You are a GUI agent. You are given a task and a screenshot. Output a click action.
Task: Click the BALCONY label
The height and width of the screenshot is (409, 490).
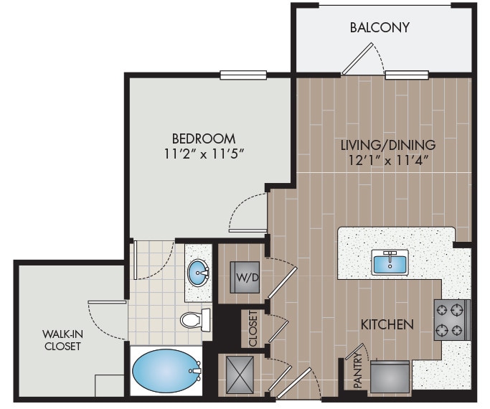tap(380, 28)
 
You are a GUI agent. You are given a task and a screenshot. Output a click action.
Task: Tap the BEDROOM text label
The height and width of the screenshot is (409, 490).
tap(204, 138)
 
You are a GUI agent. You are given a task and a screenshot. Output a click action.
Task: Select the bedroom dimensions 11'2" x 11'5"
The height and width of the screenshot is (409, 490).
tap(204, 153)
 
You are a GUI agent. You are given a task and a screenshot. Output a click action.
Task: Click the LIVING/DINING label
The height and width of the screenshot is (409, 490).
tap(388, 144)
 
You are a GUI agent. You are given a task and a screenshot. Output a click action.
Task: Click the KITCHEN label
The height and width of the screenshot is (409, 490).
tap(387, 324)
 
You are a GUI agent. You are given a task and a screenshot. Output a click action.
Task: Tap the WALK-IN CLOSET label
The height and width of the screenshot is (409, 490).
tap(61, 339)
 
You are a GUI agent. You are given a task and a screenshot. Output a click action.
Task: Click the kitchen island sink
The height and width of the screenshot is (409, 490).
tap(390, 262)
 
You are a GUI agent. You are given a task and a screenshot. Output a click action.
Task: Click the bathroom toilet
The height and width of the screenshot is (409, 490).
tap(194, 319)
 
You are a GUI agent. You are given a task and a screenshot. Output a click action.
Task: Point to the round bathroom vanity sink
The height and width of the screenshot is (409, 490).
tap(198, 273)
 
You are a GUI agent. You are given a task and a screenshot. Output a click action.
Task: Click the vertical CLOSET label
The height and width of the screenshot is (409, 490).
tap(253, 328)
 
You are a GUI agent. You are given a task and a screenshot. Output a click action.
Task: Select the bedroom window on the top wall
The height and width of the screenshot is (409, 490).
tap(243, 74)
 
